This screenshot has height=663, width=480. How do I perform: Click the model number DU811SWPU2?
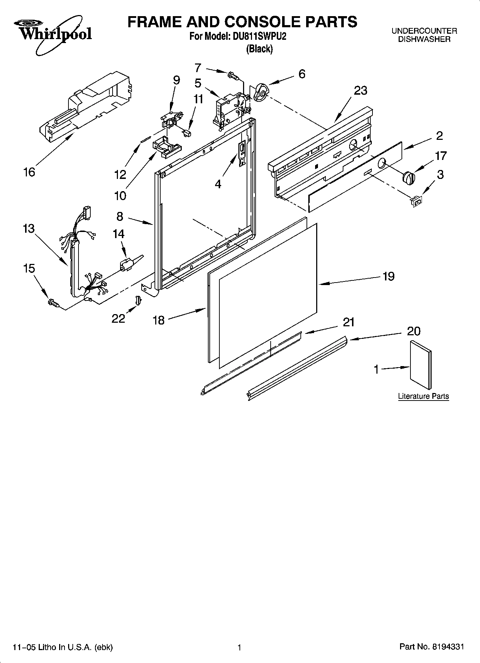258,37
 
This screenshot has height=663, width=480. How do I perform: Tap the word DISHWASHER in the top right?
424,39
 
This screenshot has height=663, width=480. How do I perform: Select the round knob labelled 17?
408,177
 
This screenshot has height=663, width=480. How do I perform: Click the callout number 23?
361,90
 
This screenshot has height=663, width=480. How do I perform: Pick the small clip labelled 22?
137,299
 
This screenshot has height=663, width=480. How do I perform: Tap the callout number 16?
29,172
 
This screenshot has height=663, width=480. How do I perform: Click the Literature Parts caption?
423,396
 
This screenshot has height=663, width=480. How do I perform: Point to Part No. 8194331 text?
432,647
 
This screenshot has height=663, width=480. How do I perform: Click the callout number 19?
388,276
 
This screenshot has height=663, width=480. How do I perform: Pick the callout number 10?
120,196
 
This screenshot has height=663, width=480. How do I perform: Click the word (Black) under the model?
259,49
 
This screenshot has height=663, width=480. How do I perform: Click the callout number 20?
414,331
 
